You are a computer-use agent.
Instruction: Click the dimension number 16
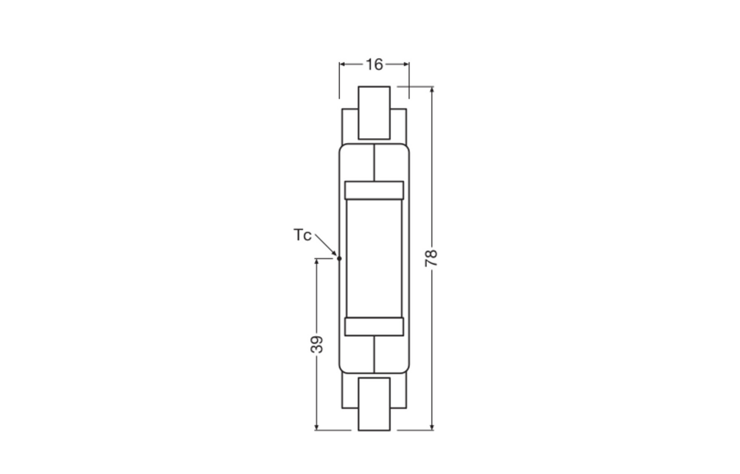click(374, 64)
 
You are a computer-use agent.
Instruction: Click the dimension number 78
click(431, 258)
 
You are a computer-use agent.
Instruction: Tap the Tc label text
click(302, 235)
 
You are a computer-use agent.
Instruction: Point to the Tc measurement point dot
click(339, 258)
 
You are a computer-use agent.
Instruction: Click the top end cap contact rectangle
click(374, 113)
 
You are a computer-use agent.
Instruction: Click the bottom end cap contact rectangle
click(374, 404)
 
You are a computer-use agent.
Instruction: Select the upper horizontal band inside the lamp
click(374, 190)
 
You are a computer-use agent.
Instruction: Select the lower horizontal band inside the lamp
click(374, 327)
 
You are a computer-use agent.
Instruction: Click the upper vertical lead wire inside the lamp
click(374, 163)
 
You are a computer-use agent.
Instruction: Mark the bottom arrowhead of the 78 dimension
click(432, 426)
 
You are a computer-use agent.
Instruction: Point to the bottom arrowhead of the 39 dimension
click(317, 426)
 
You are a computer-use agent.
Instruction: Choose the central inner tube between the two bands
click(374, 258)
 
